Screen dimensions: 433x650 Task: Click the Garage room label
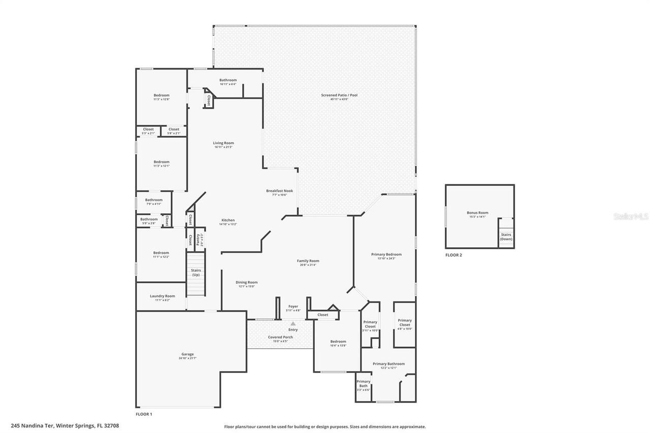(x=188, y=354)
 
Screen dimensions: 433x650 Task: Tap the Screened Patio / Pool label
(x=340, y=95)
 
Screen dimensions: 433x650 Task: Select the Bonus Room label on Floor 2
(x=477, y=213)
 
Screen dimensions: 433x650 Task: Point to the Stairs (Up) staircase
(x=196, y=274)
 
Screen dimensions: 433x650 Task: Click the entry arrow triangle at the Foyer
(x=293, y=323)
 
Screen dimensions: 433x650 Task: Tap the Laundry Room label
(x=162, y=296)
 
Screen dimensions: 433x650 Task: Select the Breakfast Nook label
(x=279, y=191)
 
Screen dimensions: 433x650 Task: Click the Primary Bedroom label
(x=386, y=254)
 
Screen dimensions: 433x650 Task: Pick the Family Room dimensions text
(x=308, y=264)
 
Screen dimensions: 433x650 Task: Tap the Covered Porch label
(x=280, y=337)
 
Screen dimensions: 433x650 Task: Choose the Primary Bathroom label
(x=388, y=363)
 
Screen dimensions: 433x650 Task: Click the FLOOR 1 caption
(x=144, y=414)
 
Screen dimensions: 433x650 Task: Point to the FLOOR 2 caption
(x=453, y=255)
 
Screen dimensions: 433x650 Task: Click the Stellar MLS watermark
(x=631, y=216)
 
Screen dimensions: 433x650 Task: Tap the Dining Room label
(x=246, y=282)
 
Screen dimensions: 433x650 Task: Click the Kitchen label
(x=227, y=220)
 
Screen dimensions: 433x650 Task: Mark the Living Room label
(x=223, y=143)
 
